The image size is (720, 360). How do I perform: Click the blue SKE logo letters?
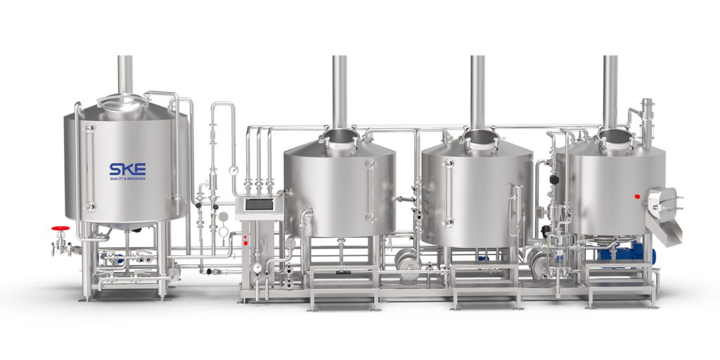(128, 169)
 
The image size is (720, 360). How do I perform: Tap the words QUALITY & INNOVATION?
(128, 178)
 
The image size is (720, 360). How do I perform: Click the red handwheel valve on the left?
(60, 229)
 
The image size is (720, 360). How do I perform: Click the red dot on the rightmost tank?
(637, 197)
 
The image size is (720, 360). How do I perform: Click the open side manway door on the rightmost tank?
(662, 205)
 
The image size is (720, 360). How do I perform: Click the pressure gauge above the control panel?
(233, 170)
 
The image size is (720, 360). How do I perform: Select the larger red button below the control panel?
(245, 243)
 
